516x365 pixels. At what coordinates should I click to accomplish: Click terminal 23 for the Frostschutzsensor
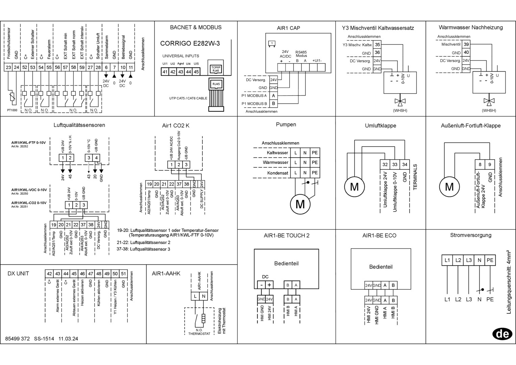point(8,67)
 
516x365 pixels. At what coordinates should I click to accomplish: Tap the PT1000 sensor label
point(12,110)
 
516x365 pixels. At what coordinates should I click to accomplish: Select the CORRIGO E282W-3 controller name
point(190,43)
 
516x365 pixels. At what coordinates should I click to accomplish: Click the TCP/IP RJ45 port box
point(216,69)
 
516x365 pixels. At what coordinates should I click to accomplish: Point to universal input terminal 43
point(180,72)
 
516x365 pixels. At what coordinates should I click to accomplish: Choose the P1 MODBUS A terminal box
point(273,96)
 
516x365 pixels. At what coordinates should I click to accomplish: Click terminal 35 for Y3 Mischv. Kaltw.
point(377,45)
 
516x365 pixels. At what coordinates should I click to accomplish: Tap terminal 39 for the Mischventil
point(466,44)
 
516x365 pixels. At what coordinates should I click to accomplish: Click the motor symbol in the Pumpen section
point(300,204)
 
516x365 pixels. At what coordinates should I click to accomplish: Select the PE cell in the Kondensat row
point(315,173)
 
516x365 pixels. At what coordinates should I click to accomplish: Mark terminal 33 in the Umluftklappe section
point(395,164)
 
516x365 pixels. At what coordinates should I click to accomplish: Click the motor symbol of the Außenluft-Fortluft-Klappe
point(449,187)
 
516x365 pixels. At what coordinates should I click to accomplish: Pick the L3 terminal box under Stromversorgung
point(469,260)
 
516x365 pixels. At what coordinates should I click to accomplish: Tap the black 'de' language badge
point(502,334)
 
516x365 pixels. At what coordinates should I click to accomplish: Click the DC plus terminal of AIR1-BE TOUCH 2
point(269,285)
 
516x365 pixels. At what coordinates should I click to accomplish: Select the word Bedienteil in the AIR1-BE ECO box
point(381,267)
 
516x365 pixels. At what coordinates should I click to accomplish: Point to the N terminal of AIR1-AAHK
point(204,296)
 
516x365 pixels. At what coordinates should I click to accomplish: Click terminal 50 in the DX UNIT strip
point(115,273)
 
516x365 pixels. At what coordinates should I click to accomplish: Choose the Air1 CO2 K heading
point(175,126)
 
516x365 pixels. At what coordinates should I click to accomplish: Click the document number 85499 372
point(18,339)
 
